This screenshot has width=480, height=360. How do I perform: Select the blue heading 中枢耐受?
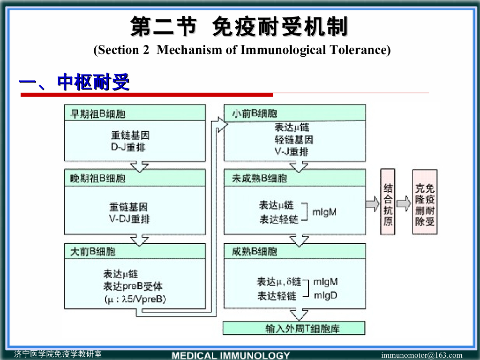(93, 82)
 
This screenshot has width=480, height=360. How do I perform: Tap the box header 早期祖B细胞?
(98, 114)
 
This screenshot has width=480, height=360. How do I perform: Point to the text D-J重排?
(128, 147)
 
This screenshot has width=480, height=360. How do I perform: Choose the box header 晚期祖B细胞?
(98, 178)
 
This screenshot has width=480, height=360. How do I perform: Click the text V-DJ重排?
(130, 218)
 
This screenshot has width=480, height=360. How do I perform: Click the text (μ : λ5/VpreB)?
(135, 299)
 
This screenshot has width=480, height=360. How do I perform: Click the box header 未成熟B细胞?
(260, 178)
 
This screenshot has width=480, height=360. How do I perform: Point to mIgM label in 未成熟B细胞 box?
(324, 212)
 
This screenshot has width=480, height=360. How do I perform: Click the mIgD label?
(325, 295)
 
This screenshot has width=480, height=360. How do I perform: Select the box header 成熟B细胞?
(255, 251)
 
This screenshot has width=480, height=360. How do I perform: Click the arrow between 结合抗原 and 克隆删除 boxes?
(403, 203)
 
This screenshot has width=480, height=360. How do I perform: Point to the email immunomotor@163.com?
(421, 355)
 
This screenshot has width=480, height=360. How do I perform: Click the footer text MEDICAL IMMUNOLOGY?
(231, 355)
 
